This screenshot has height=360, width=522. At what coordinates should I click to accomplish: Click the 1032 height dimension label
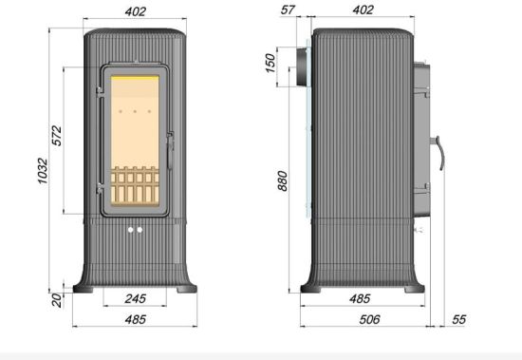point(43,171)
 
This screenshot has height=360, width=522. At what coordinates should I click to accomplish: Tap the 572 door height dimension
point(57,135)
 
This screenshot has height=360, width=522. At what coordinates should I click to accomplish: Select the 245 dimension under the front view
point(136,298)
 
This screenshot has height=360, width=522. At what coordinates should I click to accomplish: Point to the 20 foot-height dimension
point(57,299)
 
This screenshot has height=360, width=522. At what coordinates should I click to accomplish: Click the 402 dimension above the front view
point(136,12)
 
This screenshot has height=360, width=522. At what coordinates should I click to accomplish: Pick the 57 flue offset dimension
point(288,10)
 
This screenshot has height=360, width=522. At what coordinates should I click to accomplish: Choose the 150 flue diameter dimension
point(270,64)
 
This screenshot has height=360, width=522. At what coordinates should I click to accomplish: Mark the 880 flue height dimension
point(282,181)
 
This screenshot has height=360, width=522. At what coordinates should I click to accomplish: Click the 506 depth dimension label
point(369,320)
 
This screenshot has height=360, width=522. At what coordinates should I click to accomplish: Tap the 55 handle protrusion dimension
point(458,320)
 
